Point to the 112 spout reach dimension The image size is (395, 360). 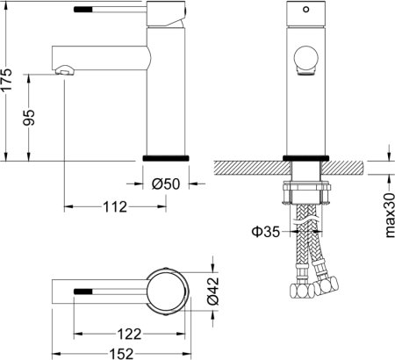pyautogui.click(x=111, y=207)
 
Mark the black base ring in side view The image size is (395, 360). pyautogui.click(x=165, y=157)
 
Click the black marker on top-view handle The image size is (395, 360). pyautogui.click(x=83, y=288)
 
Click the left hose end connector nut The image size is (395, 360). pyautogui.click(x=299, y=289)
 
